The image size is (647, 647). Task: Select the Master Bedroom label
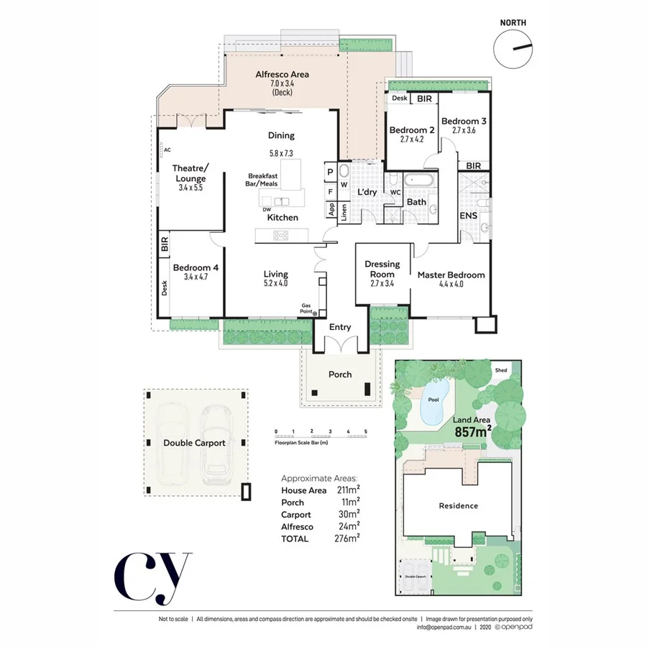[x=451, y=275]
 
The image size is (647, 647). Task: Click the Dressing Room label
[x=382, y=269]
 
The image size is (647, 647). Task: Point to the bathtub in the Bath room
[x=417, y=180]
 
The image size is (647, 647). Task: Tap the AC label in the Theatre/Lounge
[x=167, y=150]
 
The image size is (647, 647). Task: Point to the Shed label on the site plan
[x=501, y=370]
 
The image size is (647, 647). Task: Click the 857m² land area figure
[x=473, y=432]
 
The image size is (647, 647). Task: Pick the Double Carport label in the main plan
[x=193, y=443]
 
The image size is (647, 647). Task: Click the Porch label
[x=340, y=374]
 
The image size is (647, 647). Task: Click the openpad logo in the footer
[x=513, y=627]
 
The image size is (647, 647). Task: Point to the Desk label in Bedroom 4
[x=164, y=288]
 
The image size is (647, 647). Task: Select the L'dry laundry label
[x=367, y=192]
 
